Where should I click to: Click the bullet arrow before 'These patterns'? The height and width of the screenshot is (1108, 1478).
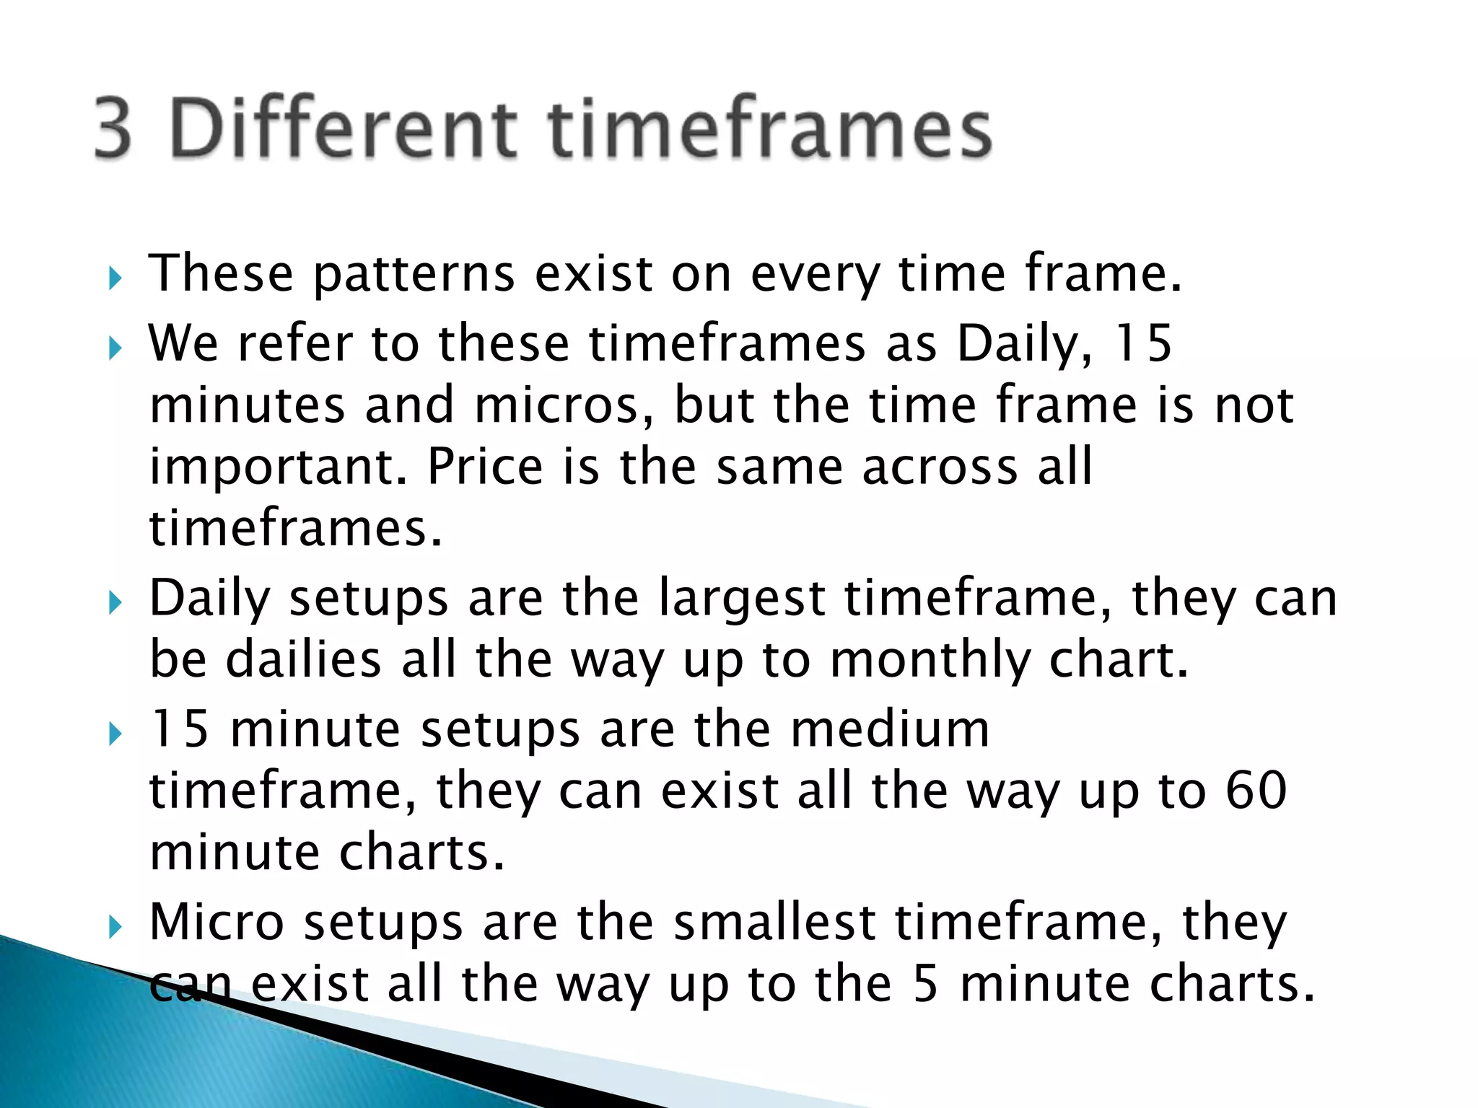(x=115, y=277)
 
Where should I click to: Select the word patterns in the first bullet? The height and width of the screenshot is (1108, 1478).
(x=414, y=274)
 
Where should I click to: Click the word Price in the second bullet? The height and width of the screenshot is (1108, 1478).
(x=485, y=467)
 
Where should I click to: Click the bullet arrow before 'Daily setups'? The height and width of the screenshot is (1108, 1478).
(x=115, y=602)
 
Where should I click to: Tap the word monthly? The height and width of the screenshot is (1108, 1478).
(x=931, y=661)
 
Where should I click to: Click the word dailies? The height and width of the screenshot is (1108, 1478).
(x=303, y=659)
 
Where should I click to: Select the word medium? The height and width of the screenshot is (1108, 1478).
(x=890, y=729)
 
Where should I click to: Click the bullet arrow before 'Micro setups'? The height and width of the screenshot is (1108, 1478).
(x=115, y=925)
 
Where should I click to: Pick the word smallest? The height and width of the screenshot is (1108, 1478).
(x=774, y=923)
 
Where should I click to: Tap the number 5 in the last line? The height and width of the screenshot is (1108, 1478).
(x=925, y=985)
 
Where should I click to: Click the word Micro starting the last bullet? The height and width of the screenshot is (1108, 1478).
(x=217, y=923)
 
